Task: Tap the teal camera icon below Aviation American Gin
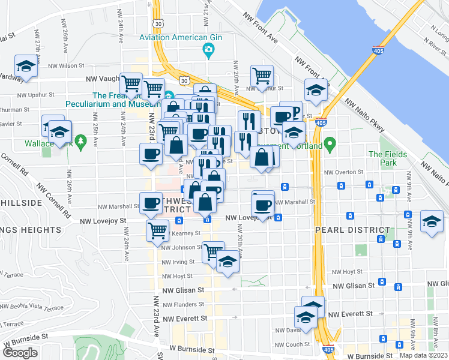tap(208, 49)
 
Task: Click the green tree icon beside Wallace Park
tap(82, 143)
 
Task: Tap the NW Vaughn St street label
tap(103, 79)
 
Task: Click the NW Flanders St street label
tap(179, 304)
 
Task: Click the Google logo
tap(20, 353)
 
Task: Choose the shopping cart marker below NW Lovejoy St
tap(157, 230)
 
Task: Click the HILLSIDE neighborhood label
tap(22, 203)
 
